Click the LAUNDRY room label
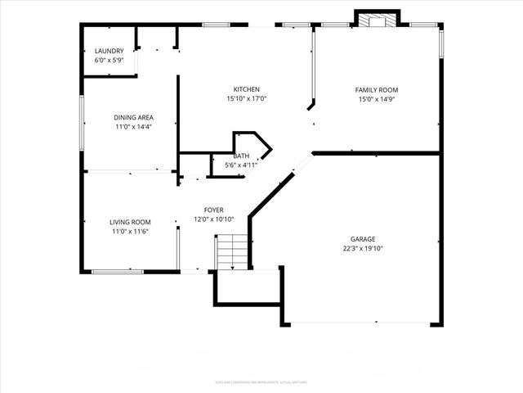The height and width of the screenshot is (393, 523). pos(110,52)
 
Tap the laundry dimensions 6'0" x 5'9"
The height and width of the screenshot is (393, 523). pos(110,61)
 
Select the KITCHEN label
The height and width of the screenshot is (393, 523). pos(246,89)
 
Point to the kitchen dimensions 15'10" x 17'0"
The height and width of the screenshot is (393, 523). pos(246,99)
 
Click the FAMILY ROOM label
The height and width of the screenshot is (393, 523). pos(376,89)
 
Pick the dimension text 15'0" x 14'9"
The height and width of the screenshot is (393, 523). pos(376,99)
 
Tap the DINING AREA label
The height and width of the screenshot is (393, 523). pos(133,117)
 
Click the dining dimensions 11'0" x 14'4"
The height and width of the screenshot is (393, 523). pos(133,127)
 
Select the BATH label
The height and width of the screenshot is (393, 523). pos(241,156)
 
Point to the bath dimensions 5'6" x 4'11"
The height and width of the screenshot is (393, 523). pos(241,165)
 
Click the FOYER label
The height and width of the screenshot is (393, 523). pos(214,210)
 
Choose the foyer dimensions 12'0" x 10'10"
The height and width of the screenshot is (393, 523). pos(214,219)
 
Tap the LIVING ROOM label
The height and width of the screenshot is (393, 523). pos(131,222)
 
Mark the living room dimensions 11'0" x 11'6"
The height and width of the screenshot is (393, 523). pos(131,232)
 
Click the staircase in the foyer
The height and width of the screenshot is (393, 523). pos(232,251)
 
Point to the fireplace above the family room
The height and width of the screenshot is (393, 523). pos(377,19)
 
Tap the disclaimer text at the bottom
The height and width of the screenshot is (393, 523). pos(261,381)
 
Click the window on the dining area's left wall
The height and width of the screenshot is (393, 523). pos(82,123)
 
